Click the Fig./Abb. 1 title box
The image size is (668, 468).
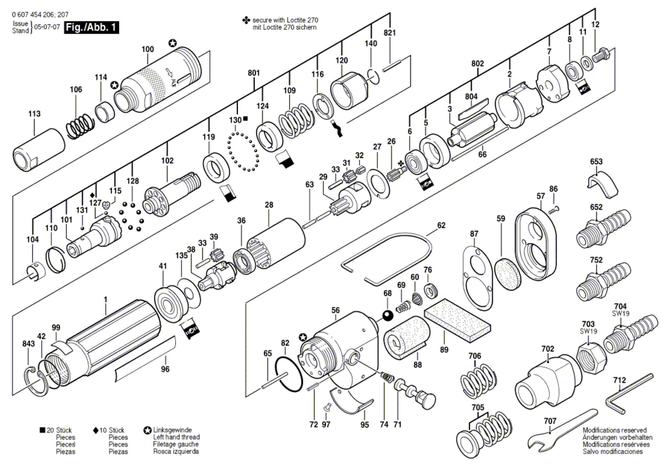click(x=92, y=27)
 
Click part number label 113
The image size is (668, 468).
click(x=34, y=114)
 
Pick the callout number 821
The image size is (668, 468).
click(x=389, y=33)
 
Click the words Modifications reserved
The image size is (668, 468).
click(x=614, y=430)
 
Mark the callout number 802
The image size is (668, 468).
click(x=477, y=63)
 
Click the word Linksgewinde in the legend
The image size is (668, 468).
click(x=172, y=430)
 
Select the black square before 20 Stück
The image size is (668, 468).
click(x=42, y=430)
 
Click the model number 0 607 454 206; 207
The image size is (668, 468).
click(x=40, y=15)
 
